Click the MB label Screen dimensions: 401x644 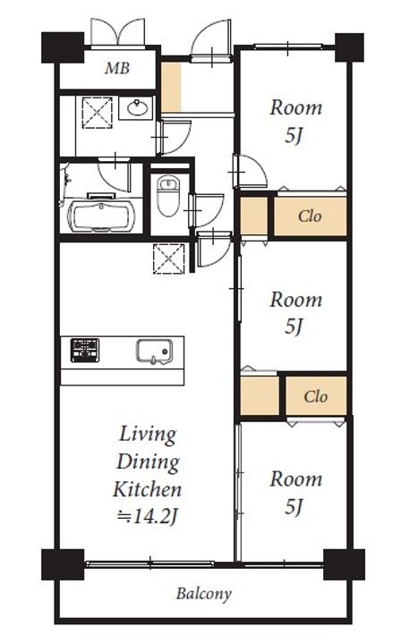point(117,68)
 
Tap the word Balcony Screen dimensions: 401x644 point(204,594)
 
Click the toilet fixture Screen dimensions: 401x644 point(167,196)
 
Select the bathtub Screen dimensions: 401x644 point(101,216)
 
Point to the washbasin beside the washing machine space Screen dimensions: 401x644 point(137,108)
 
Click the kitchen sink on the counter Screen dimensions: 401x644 point(154,352)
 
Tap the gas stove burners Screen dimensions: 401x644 point(85,350)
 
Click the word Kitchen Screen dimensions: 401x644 point(147,489)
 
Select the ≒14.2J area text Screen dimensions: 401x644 point(147,517)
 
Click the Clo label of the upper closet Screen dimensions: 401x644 point(310,216)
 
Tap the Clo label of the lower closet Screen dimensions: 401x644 point(316,396)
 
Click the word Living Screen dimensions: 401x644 point(148,435)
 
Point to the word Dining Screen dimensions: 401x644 point(148,462)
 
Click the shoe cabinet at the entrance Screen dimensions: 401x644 point(171,87)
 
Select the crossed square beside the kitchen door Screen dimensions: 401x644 point(169,258)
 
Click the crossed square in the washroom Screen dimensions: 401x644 point(98,113)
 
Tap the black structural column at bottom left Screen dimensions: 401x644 point(63,564)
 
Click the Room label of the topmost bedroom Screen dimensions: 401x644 point(295,107)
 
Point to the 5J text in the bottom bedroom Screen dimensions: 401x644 point(294,506)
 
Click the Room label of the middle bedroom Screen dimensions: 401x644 point(295,300)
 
